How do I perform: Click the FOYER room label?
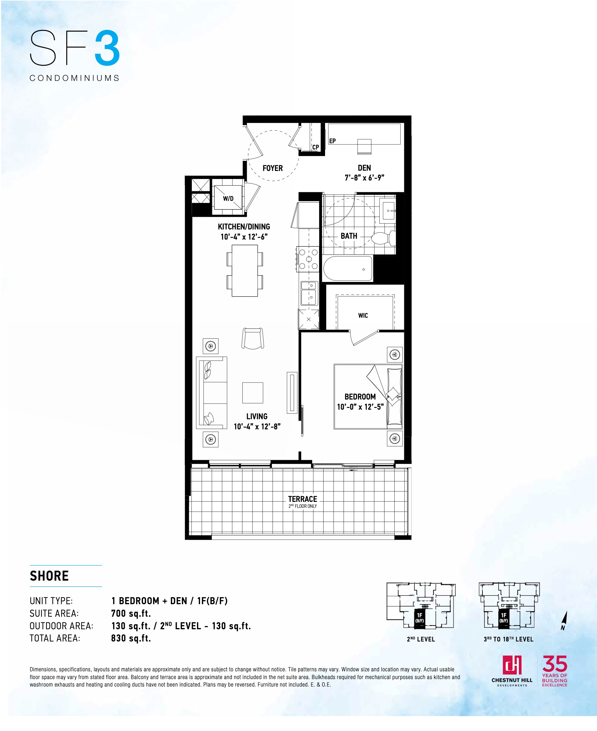(272, 168)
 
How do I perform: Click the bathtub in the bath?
(348, 269)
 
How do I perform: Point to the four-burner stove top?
(308, 259)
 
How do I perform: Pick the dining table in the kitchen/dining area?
(244, 271)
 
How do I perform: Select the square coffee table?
(253, 392)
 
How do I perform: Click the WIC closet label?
(363, 315)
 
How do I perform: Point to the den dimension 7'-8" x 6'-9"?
(364, 178)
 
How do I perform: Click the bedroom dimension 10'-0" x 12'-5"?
(360, 407)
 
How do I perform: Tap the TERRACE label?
(303, 499)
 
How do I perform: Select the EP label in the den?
(332, 141)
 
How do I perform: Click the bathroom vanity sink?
(389, 210)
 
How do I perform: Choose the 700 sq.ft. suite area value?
(131, 613)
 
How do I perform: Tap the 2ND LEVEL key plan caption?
(421, 639)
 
